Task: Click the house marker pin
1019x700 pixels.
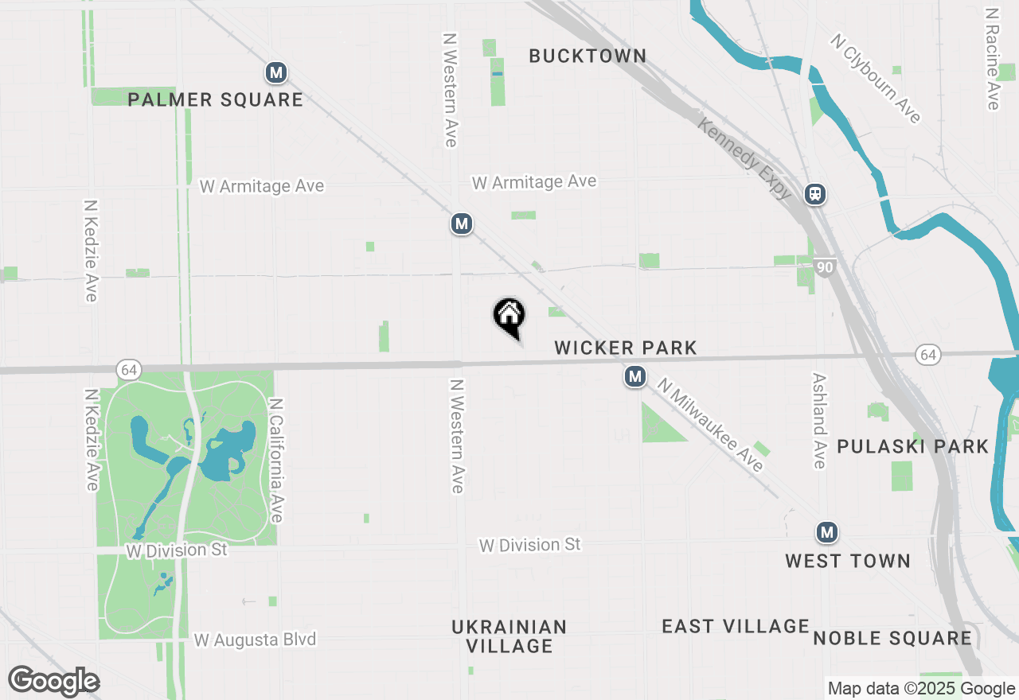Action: [x=509, y=315]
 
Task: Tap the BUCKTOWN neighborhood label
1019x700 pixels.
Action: [x=588, y=56]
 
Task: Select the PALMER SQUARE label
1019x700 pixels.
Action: [x=216, y=99]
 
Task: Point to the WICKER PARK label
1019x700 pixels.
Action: [x=626, y=348]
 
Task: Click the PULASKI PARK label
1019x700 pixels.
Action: [x=912, y=446]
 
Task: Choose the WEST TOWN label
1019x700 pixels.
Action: [x=848, y=561]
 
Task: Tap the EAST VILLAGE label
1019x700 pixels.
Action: [x=736, y=626]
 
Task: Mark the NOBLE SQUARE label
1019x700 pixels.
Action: [x=892, y=638]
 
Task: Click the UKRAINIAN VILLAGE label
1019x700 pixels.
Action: [x=509, y=636]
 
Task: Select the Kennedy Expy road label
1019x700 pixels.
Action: [x=744, y=158]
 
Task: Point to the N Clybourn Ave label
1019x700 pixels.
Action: [x=876, y=78]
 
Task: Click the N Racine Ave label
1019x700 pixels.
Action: [x=992, y=60]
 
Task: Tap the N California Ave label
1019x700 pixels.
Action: [x=276, y=461]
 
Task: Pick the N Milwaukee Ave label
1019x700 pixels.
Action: [x=710, y=425]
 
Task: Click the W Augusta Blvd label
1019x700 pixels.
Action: [x=255, y=640]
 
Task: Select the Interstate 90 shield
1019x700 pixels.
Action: [x=825, y=267]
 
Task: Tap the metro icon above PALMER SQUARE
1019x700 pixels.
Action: [x=276, y=73]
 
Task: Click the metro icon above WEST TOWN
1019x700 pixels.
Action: [x=827, y=532]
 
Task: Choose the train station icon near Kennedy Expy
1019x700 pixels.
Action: [x=815, y=194]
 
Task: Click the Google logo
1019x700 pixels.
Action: [x=54, y=681]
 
